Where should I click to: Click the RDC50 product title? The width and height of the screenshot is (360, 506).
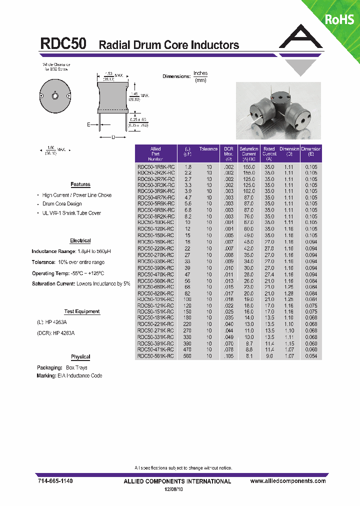point(63,44)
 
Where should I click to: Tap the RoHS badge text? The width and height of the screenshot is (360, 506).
point(339,19)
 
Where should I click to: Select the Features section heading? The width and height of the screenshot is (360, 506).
point(80,184)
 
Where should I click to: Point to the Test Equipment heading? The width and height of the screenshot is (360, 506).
point(82,311)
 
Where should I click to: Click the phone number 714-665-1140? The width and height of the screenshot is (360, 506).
point(55,480)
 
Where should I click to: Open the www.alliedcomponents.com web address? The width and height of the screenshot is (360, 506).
point(287,480)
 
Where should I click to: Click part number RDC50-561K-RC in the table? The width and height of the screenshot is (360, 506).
point(155,356)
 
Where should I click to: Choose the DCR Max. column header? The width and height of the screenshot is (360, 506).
point(228,151)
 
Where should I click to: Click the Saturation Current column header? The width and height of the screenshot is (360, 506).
point(248,151)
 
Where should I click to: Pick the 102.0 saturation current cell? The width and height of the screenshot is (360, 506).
point(248,191)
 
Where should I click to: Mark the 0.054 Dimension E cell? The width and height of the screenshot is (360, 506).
point(311,356)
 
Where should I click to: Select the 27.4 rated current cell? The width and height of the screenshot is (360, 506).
point(269,274)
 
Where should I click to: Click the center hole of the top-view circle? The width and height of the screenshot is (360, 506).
point(55,95)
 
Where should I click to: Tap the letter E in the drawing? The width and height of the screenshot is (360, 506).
point(88,125)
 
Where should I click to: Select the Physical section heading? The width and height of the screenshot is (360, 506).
point(80,357)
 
